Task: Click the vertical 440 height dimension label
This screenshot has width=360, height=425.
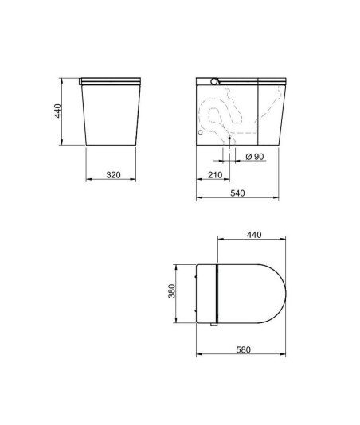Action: (58, 111)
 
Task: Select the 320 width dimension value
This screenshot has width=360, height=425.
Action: (113, 175)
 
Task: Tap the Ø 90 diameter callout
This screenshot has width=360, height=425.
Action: (255, 157)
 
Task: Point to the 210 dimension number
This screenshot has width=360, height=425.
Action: (215, 175)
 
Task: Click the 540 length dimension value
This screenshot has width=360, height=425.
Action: (237, 193)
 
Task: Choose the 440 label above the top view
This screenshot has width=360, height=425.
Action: (254, 235)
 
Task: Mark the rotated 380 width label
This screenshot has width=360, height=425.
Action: (172, 290)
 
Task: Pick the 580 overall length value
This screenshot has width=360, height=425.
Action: (244, 349)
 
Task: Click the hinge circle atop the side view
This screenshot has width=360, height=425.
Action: (214, 81)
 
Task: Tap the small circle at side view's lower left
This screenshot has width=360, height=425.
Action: (200, 132)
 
